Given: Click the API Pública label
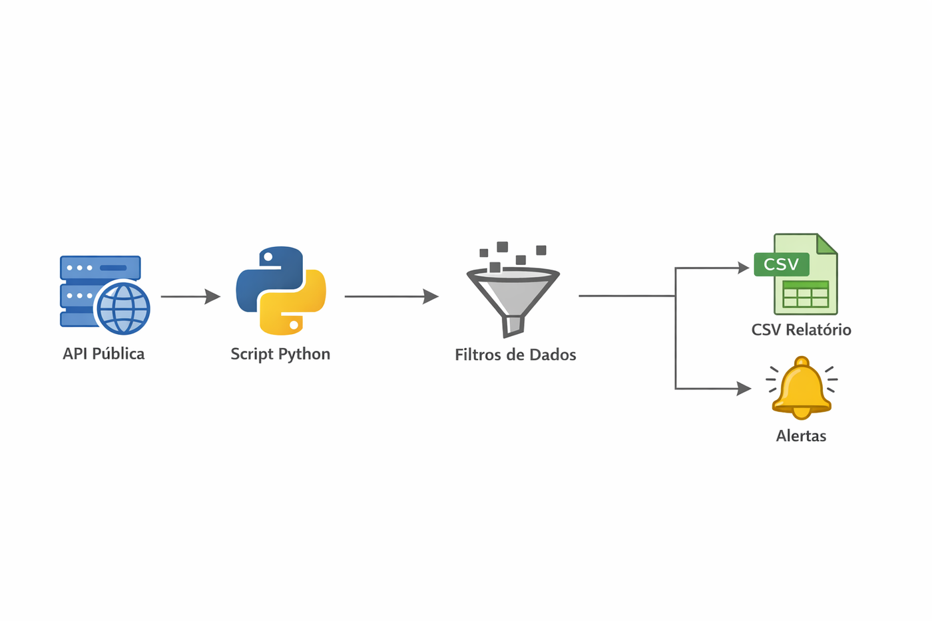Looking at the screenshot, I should point(103,353).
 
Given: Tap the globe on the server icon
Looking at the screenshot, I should point(124,308).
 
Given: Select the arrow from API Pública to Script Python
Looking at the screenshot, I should point(190,296).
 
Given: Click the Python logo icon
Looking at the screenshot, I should point(281,290).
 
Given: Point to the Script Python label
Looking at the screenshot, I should point(280,354).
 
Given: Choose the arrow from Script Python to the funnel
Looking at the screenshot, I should point(391,296).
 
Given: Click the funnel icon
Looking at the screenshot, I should point(513,293).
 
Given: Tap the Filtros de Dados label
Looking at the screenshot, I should point(515,355).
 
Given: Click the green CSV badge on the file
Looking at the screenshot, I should point(782,264).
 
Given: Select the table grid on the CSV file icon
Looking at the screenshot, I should point(806,294).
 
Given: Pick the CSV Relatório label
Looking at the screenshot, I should point(801,329).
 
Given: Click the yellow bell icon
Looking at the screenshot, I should point(802,389).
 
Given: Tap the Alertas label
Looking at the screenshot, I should point(801,436).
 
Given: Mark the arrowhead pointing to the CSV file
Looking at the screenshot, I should point(744,268).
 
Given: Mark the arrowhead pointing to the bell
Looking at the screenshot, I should point(744,389).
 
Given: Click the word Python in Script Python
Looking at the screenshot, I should point(304,354).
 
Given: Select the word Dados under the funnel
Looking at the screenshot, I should point(552,355).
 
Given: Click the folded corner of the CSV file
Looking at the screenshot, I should point(827,244).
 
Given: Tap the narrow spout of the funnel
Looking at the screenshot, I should point(513,325).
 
